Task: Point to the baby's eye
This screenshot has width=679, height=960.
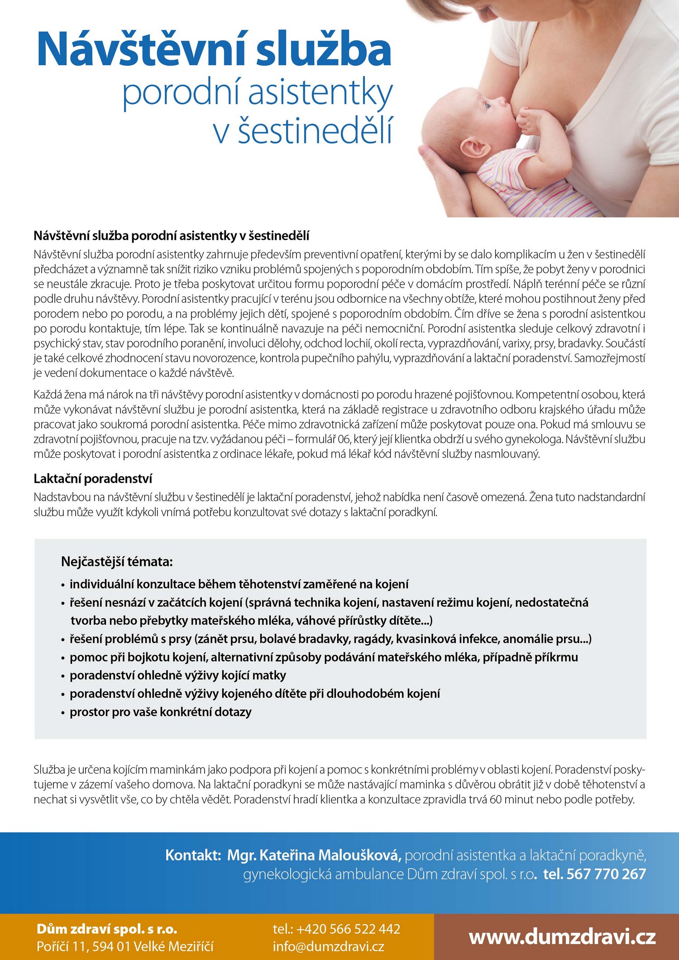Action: pyautogui.click(x=487, y=105)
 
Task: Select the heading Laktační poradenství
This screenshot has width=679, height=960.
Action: pyautogui.click(x=93, y=479)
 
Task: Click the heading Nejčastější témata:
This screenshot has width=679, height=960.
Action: pyautogui.click(x=117, y=562)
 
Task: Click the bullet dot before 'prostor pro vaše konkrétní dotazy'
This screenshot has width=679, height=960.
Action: pyautogui.click(x=63, y=713)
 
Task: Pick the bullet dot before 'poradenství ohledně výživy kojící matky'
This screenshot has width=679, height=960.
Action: pyautogui.click(x=63, y=676)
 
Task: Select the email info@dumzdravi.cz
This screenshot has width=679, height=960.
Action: pyautogui.click(x=328, y=946)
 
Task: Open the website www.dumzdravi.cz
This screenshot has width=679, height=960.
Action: pyautogui.click(x=562, y=937)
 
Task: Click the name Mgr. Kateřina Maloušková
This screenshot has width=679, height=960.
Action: pyautogui.click(x=314, y=855)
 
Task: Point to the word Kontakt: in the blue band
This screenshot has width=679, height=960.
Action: pyautogui.click(x=193, y=855)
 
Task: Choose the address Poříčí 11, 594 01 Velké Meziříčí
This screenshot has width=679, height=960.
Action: pyautogui.click(x=125, y=946)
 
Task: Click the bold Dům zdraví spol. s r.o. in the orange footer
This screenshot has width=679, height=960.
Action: pyautogui.click(x=107, y=929)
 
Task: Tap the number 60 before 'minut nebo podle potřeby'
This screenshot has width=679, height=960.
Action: pyautogui.click(x=495, y=799)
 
